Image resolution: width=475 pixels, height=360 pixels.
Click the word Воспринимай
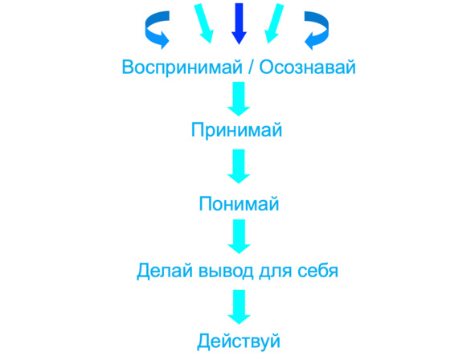182,67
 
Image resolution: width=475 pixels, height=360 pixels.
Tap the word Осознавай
307,67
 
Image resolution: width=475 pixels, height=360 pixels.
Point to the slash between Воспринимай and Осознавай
251,67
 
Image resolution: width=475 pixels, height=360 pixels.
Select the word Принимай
236,130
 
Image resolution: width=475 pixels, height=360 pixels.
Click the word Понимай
239,203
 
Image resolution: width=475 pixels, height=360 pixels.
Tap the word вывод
226,270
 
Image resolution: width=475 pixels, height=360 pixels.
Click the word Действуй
239,342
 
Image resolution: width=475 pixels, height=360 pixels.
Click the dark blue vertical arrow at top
239,23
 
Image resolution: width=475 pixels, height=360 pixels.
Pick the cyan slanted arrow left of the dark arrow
204,23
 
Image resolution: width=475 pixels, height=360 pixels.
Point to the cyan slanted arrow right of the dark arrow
274,23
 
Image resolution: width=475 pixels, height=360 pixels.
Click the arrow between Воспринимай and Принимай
239,99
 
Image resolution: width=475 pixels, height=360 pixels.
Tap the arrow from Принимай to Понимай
239,166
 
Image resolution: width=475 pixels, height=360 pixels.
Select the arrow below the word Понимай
239,236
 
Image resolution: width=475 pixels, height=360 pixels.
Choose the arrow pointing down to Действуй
239,307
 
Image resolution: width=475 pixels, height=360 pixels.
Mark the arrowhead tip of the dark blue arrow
239,44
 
